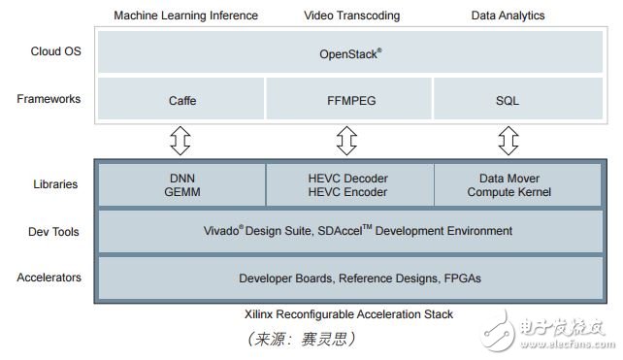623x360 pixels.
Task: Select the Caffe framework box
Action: pyautogui.click(x=181, y=99)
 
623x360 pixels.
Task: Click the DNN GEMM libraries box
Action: pyautogui.click(x=181, y=184)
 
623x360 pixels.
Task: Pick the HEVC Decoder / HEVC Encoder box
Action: pyautogui.click(x=349, y=184)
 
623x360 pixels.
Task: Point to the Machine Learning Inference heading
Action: pyautogui.click(x=185, y=16)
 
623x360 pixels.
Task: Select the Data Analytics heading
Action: pyautogui.click(x=508, y=16)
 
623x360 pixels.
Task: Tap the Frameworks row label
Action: pyautogui.click(x=49, y=99)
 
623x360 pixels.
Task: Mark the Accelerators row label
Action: pyautogui.click(x=49, y=278)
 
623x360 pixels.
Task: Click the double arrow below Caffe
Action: pyautogui.click(x=181, y=142)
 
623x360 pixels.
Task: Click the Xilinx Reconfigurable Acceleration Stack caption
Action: pyautogui.click(x=349, y=314)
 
